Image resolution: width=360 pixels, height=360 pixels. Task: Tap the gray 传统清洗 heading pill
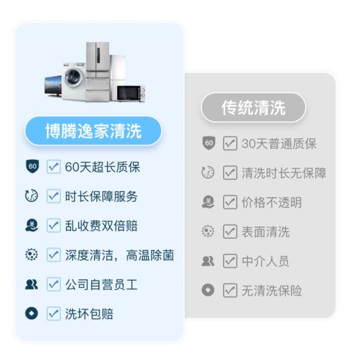253,107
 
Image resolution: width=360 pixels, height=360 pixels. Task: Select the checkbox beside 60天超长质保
53,167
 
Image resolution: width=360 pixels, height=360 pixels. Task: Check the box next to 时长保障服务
53,196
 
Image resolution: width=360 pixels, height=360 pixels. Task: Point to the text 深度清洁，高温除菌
119,255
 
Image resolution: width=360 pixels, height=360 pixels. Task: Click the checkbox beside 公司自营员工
53,285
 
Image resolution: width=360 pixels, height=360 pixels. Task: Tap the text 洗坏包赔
89,314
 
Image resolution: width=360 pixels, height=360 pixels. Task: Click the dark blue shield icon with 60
31,167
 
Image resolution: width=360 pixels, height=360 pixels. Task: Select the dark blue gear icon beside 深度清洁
31,255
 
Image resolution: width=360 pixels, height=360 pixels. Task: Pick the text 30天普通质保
279,144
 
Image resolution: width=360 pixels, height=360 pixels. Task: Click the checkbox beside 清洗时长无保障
230,174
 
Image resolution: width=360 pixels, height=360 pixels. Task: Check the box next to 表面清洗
230,232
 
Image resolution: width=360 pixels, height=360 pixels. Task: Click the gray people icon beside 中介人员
208,261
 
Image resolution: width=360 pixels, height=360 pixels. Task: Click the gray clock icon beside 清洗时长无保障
208,174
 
